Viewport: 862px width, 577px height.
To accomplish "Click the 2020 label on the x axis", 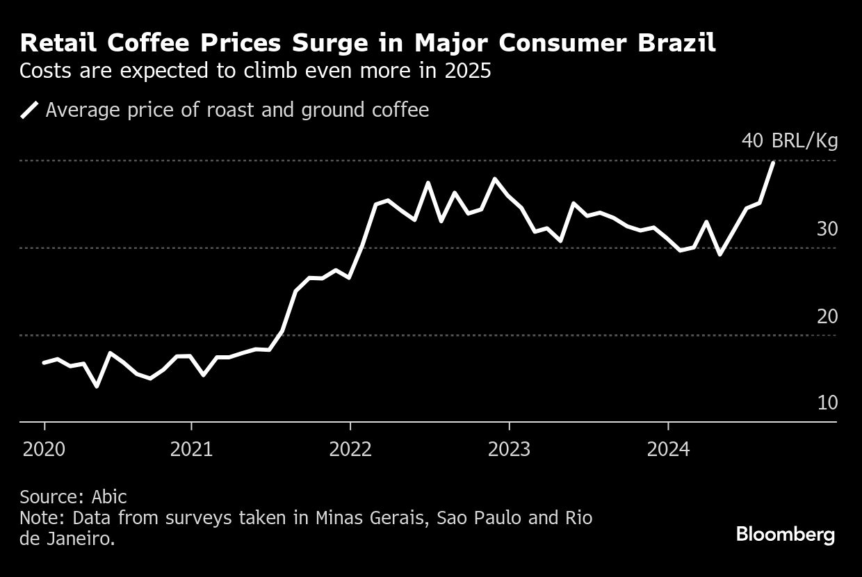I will pos(44,449).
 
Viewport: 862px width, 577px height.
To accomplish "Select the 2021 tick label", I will pos(191,449).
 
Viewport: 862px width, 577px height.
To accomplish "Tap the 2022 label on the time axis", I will pos(350,449).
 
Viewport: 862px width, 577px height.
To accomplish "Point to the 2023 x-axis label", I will pos(509,449).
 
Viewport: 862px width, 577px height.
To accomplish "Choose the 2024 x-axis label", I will pos(668,449).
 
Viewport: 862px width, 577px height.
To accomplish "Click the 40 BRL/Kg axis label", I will pos(790,141).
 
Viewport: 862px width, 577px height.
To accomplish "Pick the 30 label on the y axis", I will pos(827,229).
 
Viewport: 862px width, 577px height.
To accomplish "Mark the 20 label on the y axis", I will pos(827,316).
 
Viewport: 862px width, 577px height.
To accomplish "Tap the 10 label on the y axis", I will pos(827,403).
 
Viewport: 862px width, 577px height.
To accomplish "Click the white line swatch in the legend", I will pos(30,110).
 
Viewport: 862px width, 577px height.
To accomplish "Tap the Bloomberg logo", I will pos(786,535).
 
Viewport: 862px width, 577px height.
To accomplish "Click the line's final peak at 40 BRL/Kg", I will pos(773,162).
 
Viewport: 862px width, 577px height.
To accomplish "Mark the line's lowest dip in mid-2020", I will pos(97,386).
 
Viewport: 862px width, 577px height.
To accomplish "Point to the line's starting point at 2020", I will pos(44,362).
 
